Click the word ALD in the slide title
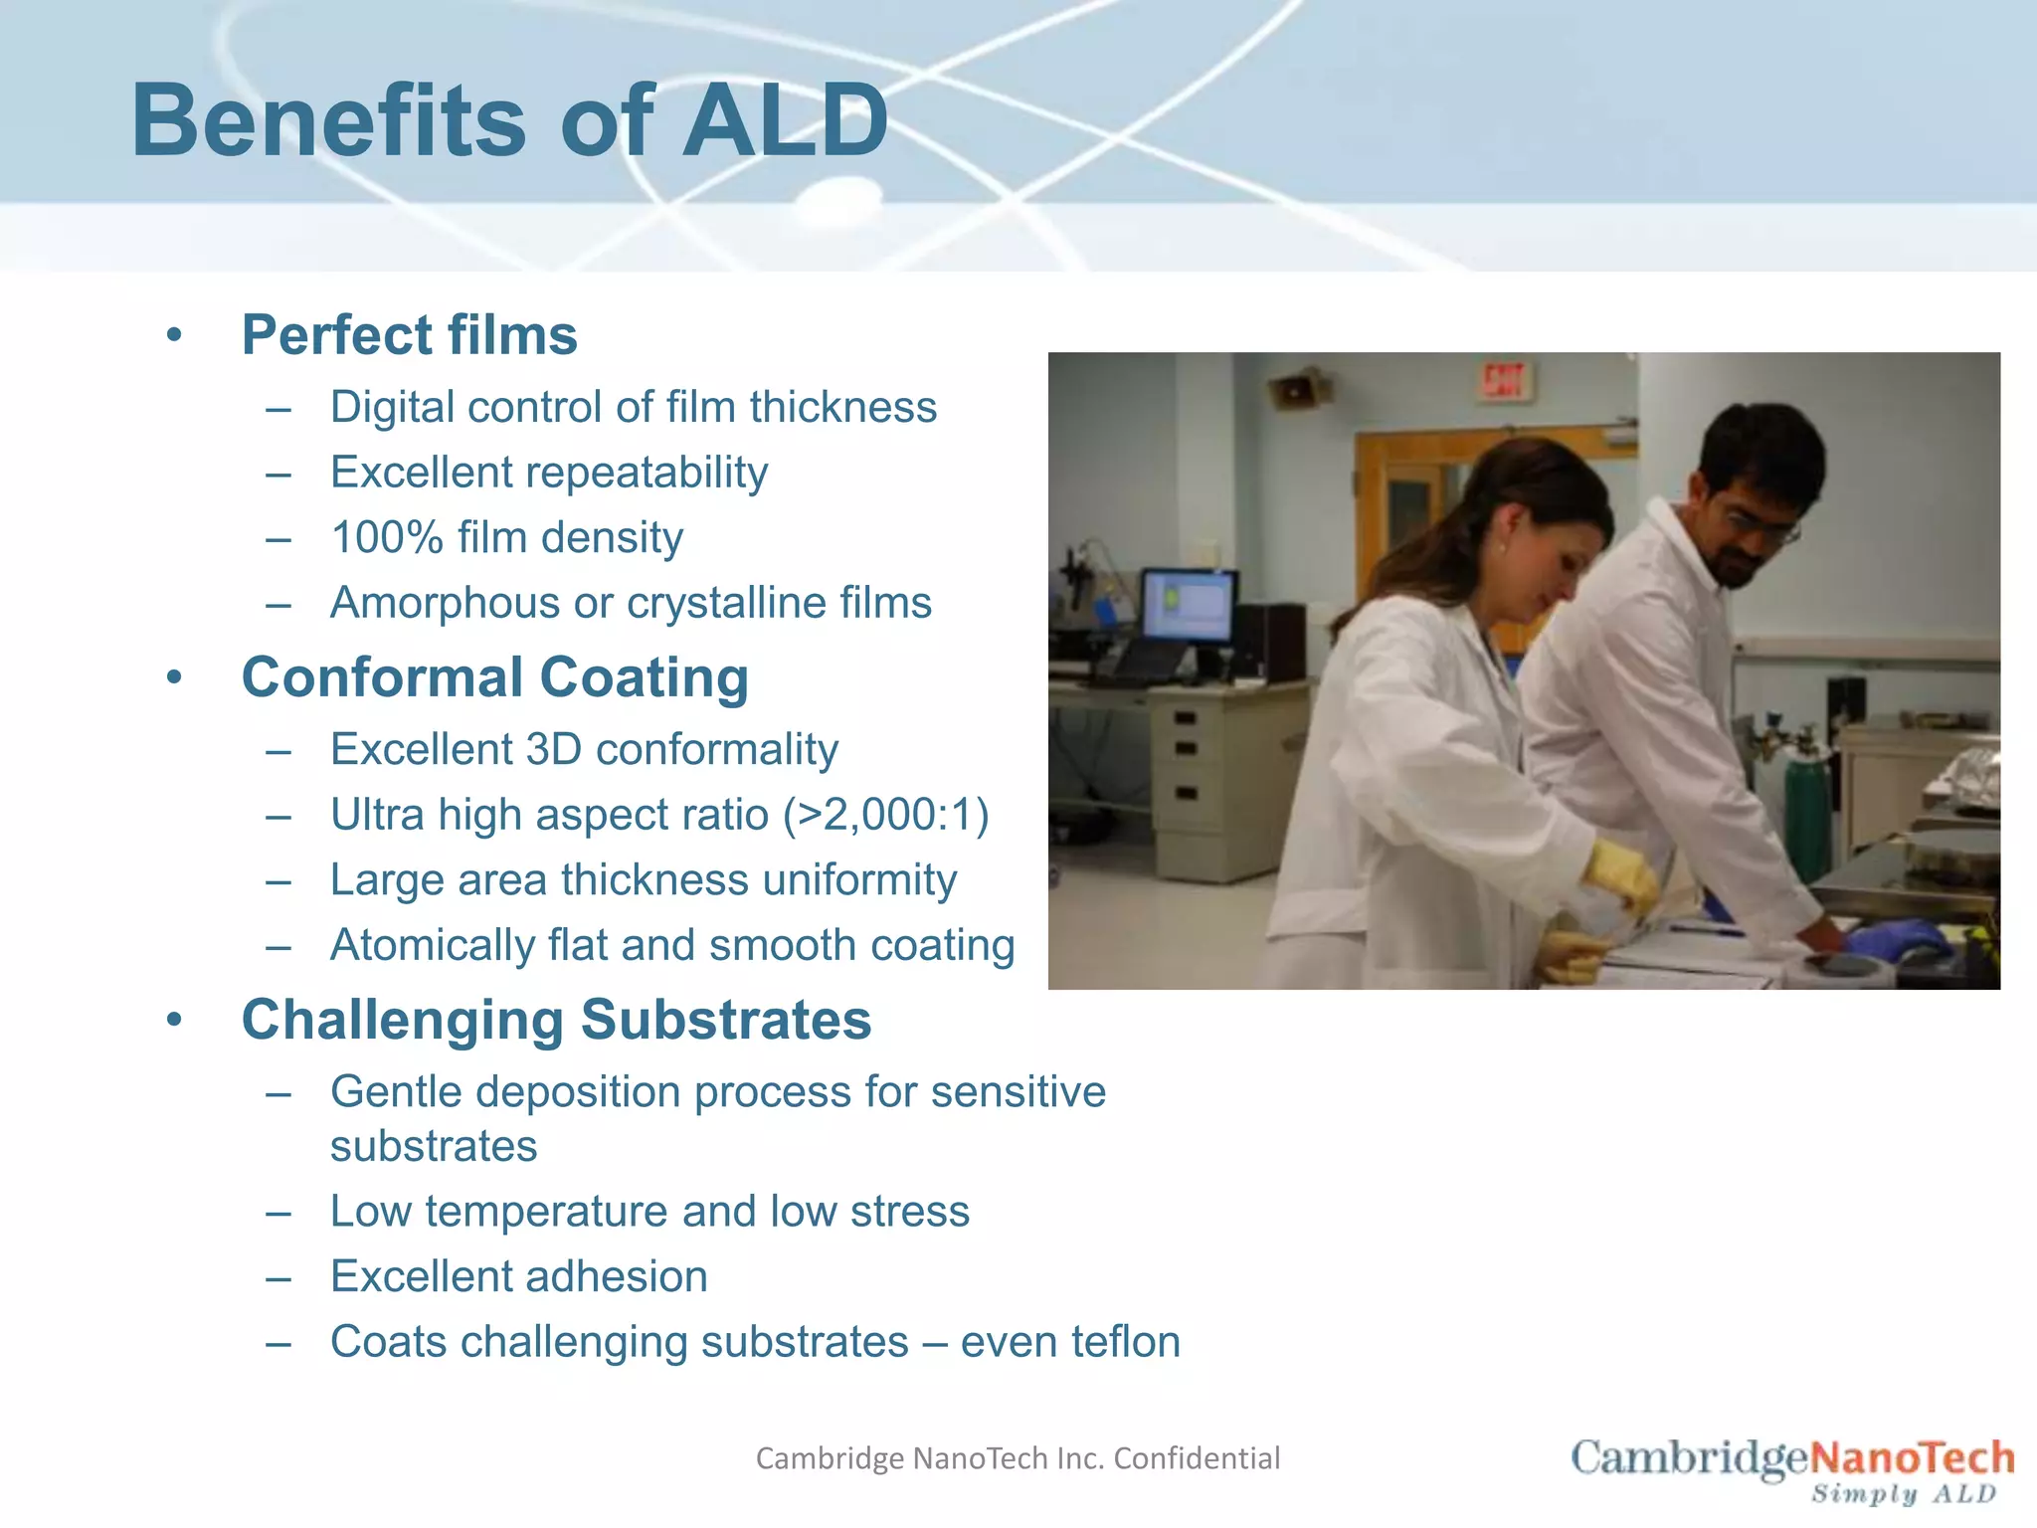(x=785, y=121)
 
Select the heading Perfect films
(x=409, y=335)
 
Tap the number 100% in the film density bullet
(x=386, y=538)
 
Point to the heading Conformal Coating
(x=494, y=678)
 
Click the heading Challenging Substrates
(x=556, y=1021)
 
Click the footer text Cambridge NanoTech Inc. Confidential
(x=1018, y=1458)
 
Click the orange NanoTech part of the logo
(x=1911, y=1458)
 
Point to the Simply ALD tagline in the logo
(x=1903, y=1494)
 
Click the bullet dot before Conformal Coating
(x=175, y=678)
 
